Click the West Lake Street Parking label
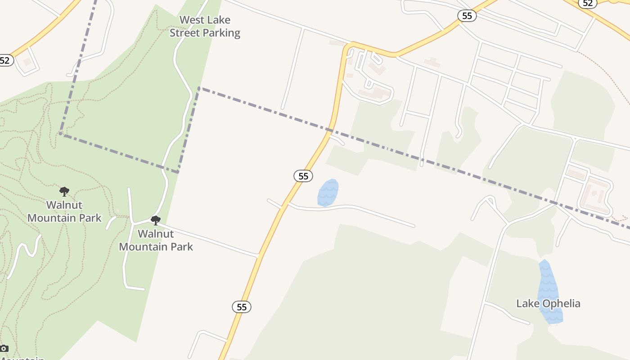click(205, 27)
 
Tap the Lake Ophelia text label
click(548, 304)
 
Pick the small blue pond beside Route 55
click(328, 193)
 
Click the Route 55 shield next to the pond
click(303, 176)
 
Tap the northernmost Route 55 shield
click(467, 16)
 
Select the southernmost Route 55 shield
click(242, 307)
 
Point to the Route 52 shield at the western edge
click(5, 60)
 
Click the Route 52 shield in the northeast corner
click(587, 3)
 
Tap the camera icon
click(4, 348)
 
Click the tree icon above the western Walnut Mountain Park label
click(64, 192)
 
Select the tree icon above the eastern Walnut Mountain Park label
click(156, 220)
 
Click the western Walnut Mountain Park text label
click(64, 211)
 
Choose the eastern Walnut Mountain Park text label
click(156, 240)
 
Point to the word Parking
click(221, 33)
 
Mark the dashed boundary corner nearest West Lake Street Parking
click(199, 88)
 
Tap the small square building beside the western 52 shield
click(27, 62)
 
